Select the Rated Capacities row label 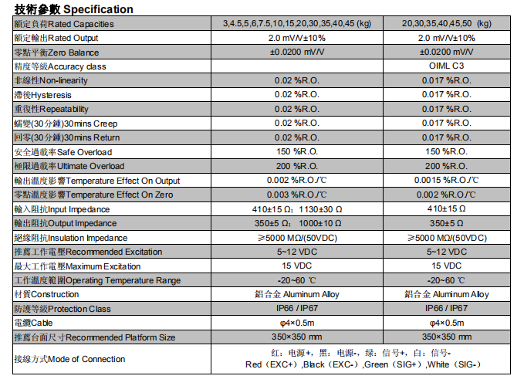pos(63,24)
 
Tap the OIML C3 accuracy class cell pos(451,66)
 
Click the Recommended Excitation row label pos(88,252)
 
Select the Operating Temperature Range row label pos(97,280)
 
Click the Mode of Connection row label pos(69,359)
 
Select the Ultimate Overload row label pos(69,166)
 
